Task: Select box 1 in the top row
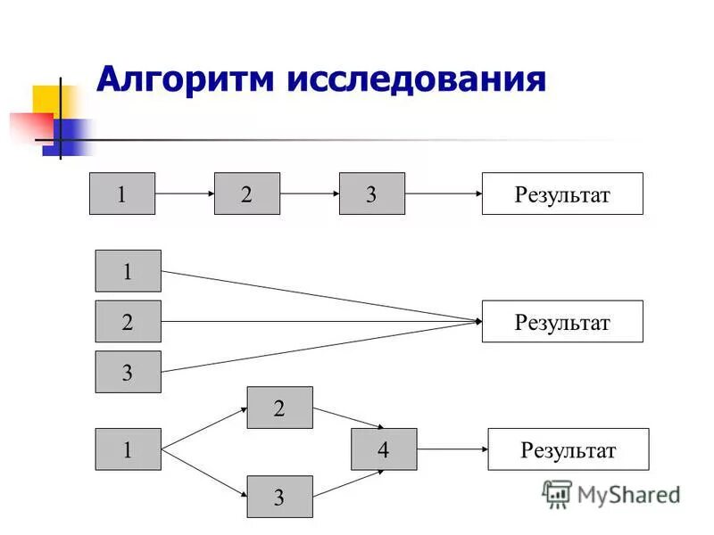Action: pyautogui.click(x=122, y=193)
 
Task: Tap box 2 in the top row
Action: pyautogui.click(x=247, y=193)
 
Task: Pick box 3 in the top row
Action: pyautogui.click(x=372, y=193)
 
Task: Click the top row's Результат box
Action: pyautogui.click(x=562, y=193)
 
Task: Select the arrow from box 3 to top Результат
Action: pyautogui.click(x=444, y=193)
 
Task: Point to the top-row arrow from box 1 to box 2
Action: pyautogui.click(x=185, y=193)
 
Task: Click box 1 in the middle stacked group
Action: pyautogui.click(x=129, y=271)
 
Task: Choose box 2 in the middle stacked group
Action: pyautogui.click(x=129, y=321)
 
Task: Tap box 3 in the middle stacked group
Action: pyautogui.click(x=129, y=372)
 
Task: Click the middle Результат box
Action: pyautogui.click(x=562, y=321)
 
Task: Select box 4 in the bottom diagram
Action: pyautogui.click(x=384, y=449)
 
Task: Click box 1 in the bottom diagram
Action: pyautogui.click(x=129, y=449)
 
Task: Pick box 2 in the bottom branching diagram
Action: pyautogui.click(x=280, y=407)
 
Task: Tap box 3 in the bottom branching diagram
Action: pyautogui.click(x=280, y=497)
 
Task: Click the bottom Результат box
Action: pyautogui.click(x=569, y=449)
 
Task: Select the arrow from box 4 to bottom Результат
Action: pyautogui.click(x=452, y=449)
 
